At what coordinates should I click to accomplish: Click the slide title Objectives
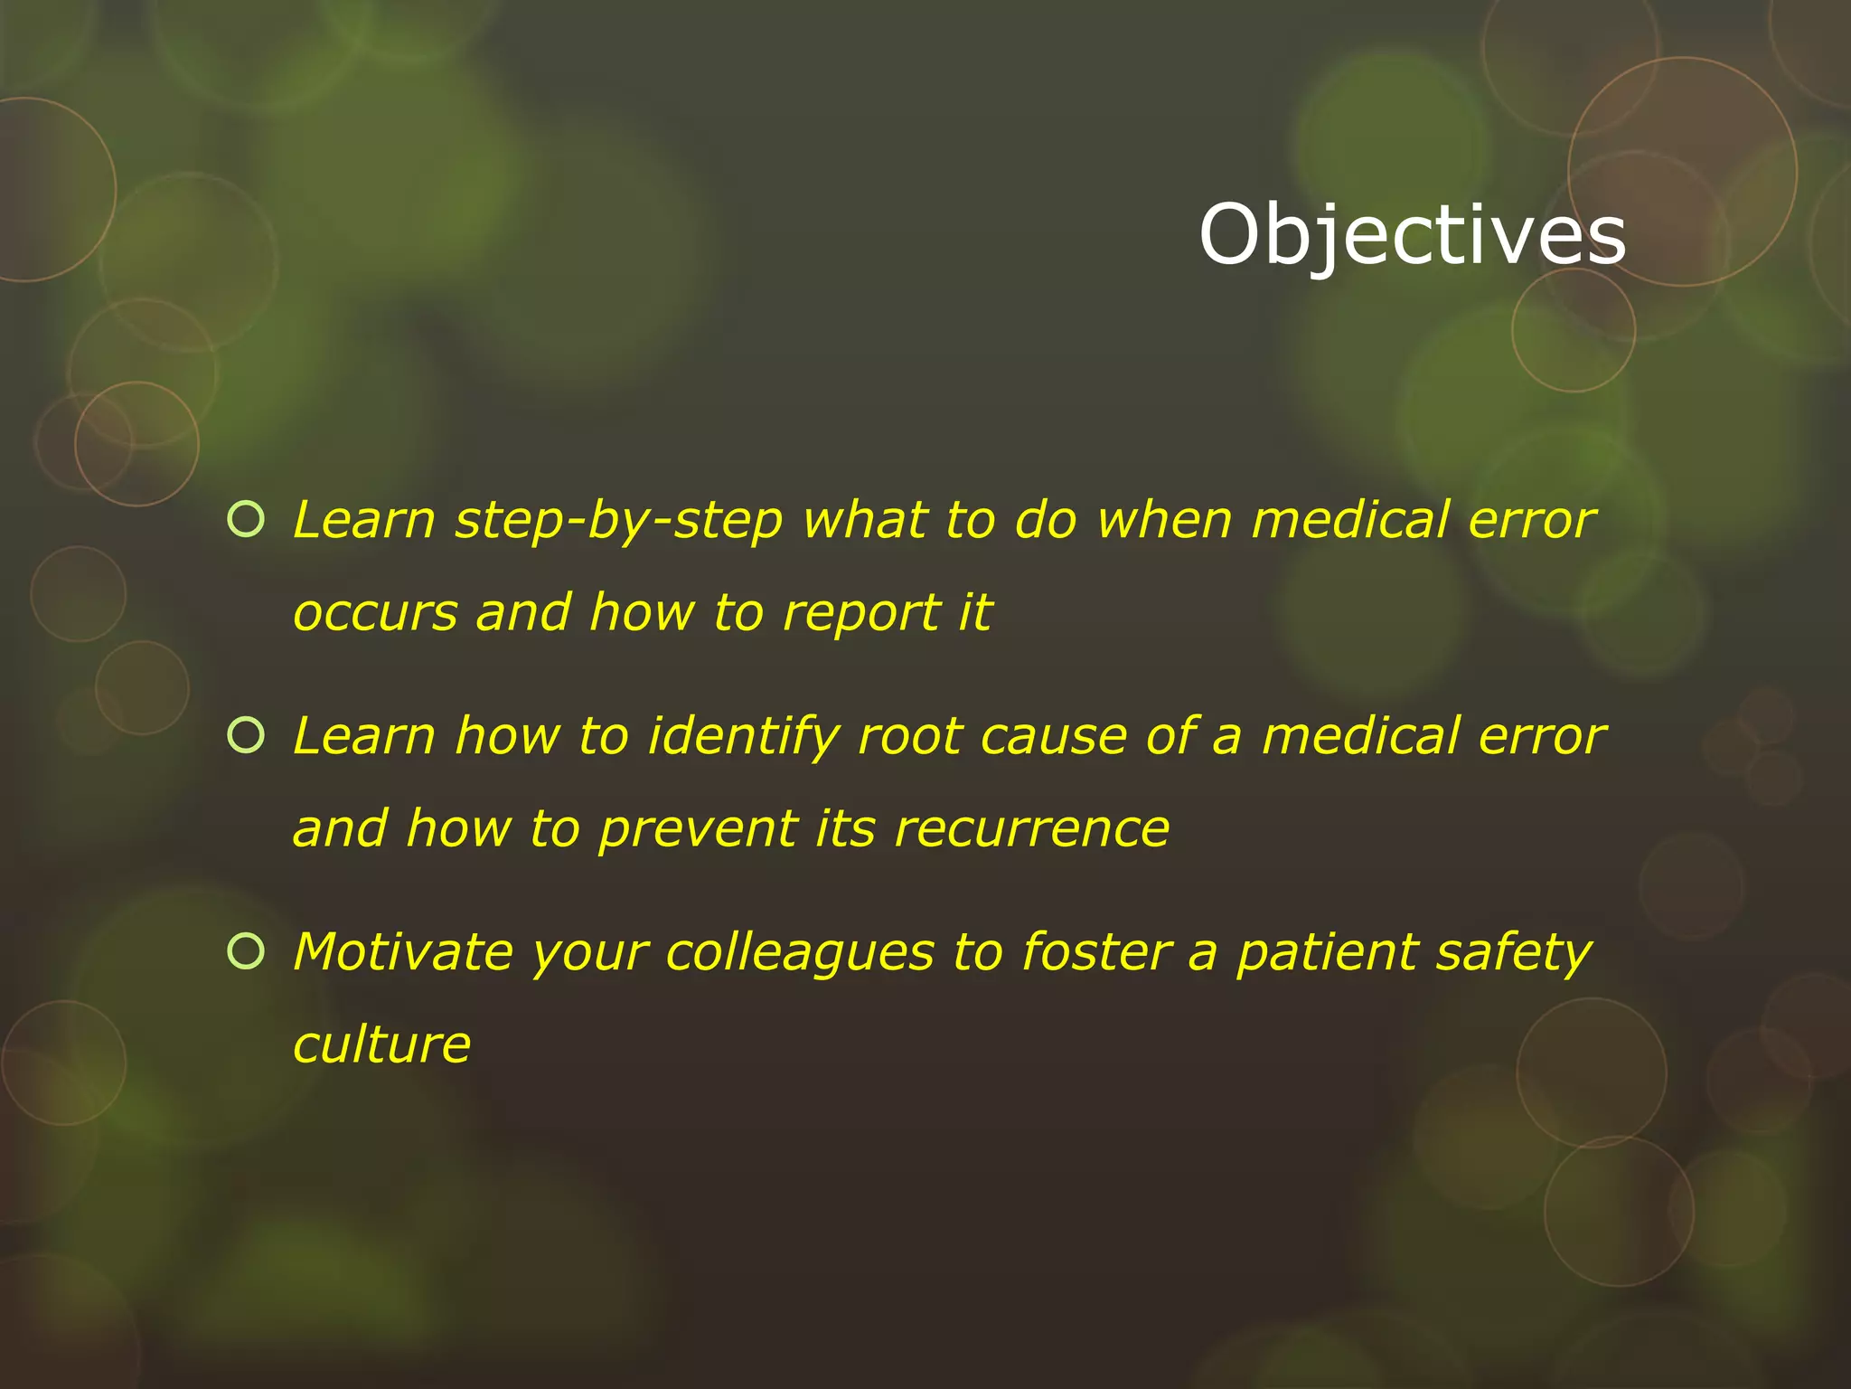(x=1412, y=235)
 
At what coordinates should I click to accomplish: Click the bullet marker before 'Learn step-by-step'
(x=246, y=519)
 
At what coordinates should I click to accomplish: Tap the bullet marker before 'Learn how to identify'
(x=246, y=734)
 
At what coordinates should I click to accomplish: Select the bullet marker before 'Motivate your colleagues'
(x=246, y=950)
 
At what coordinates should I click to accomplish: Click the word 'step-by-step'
(x=619, y=523)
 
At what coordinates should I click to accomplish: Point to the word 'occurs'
(x=375, y=614)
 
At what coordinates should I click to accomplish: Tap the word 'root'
(x=909, y=738)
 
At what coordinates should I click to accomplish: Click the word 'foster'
(x=1096, y=952)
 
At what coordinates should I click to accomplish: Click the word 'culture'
(x=382, y=1044)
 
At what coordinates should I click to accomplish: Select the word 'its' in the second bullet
(x=844, y=829)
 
